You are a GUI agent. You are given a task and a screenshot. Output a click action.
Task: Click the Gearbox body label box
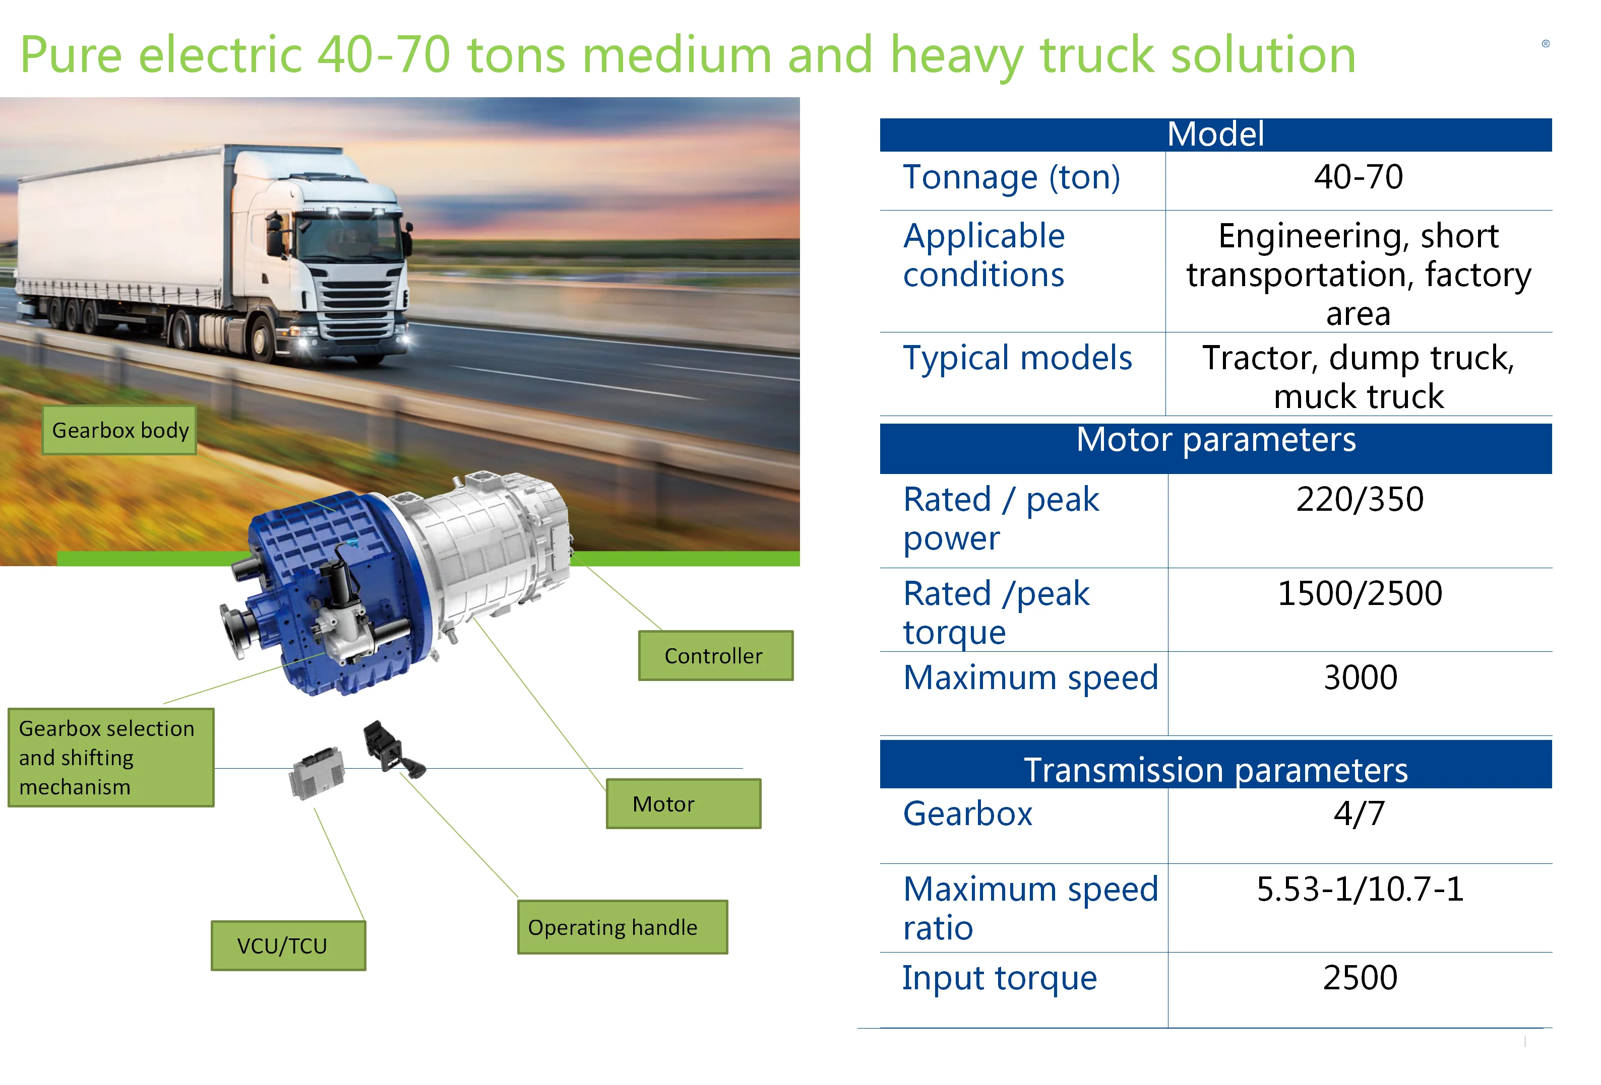click(x=120, y=430)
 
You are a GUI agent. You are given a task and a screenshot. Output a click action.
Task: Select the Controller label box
click(x=715, y=655)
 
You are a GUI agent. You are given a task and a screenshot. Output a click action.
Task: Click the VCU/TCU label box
click(x=288, y=945)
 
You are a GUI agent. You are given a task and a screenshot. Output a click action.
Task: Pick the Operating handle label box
click(x=622, y=927)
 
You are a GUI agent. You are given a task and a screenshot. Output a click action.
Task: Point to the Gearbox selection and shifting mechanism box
click(x=110, y=757)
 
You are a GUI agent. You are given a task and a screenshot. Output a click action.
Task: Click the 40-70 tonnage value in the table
click(x=1358, y=177)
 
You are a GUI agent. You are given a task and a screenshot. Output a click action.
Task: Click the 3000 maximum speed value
click(x=1360, y=677)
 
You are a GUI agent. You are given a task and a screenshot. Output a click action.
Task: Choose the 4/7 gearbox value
click(x=1359, y=814)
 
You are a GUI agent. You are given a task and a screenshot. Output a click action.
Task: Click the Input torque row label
click(x=999, y=978)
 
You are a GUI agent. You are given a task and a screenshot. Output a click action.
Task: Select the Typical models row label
click(x=1017, y=358)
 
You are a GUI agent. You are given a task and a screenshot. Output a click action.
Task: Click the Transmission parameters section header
click(x=1215, y=770)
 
